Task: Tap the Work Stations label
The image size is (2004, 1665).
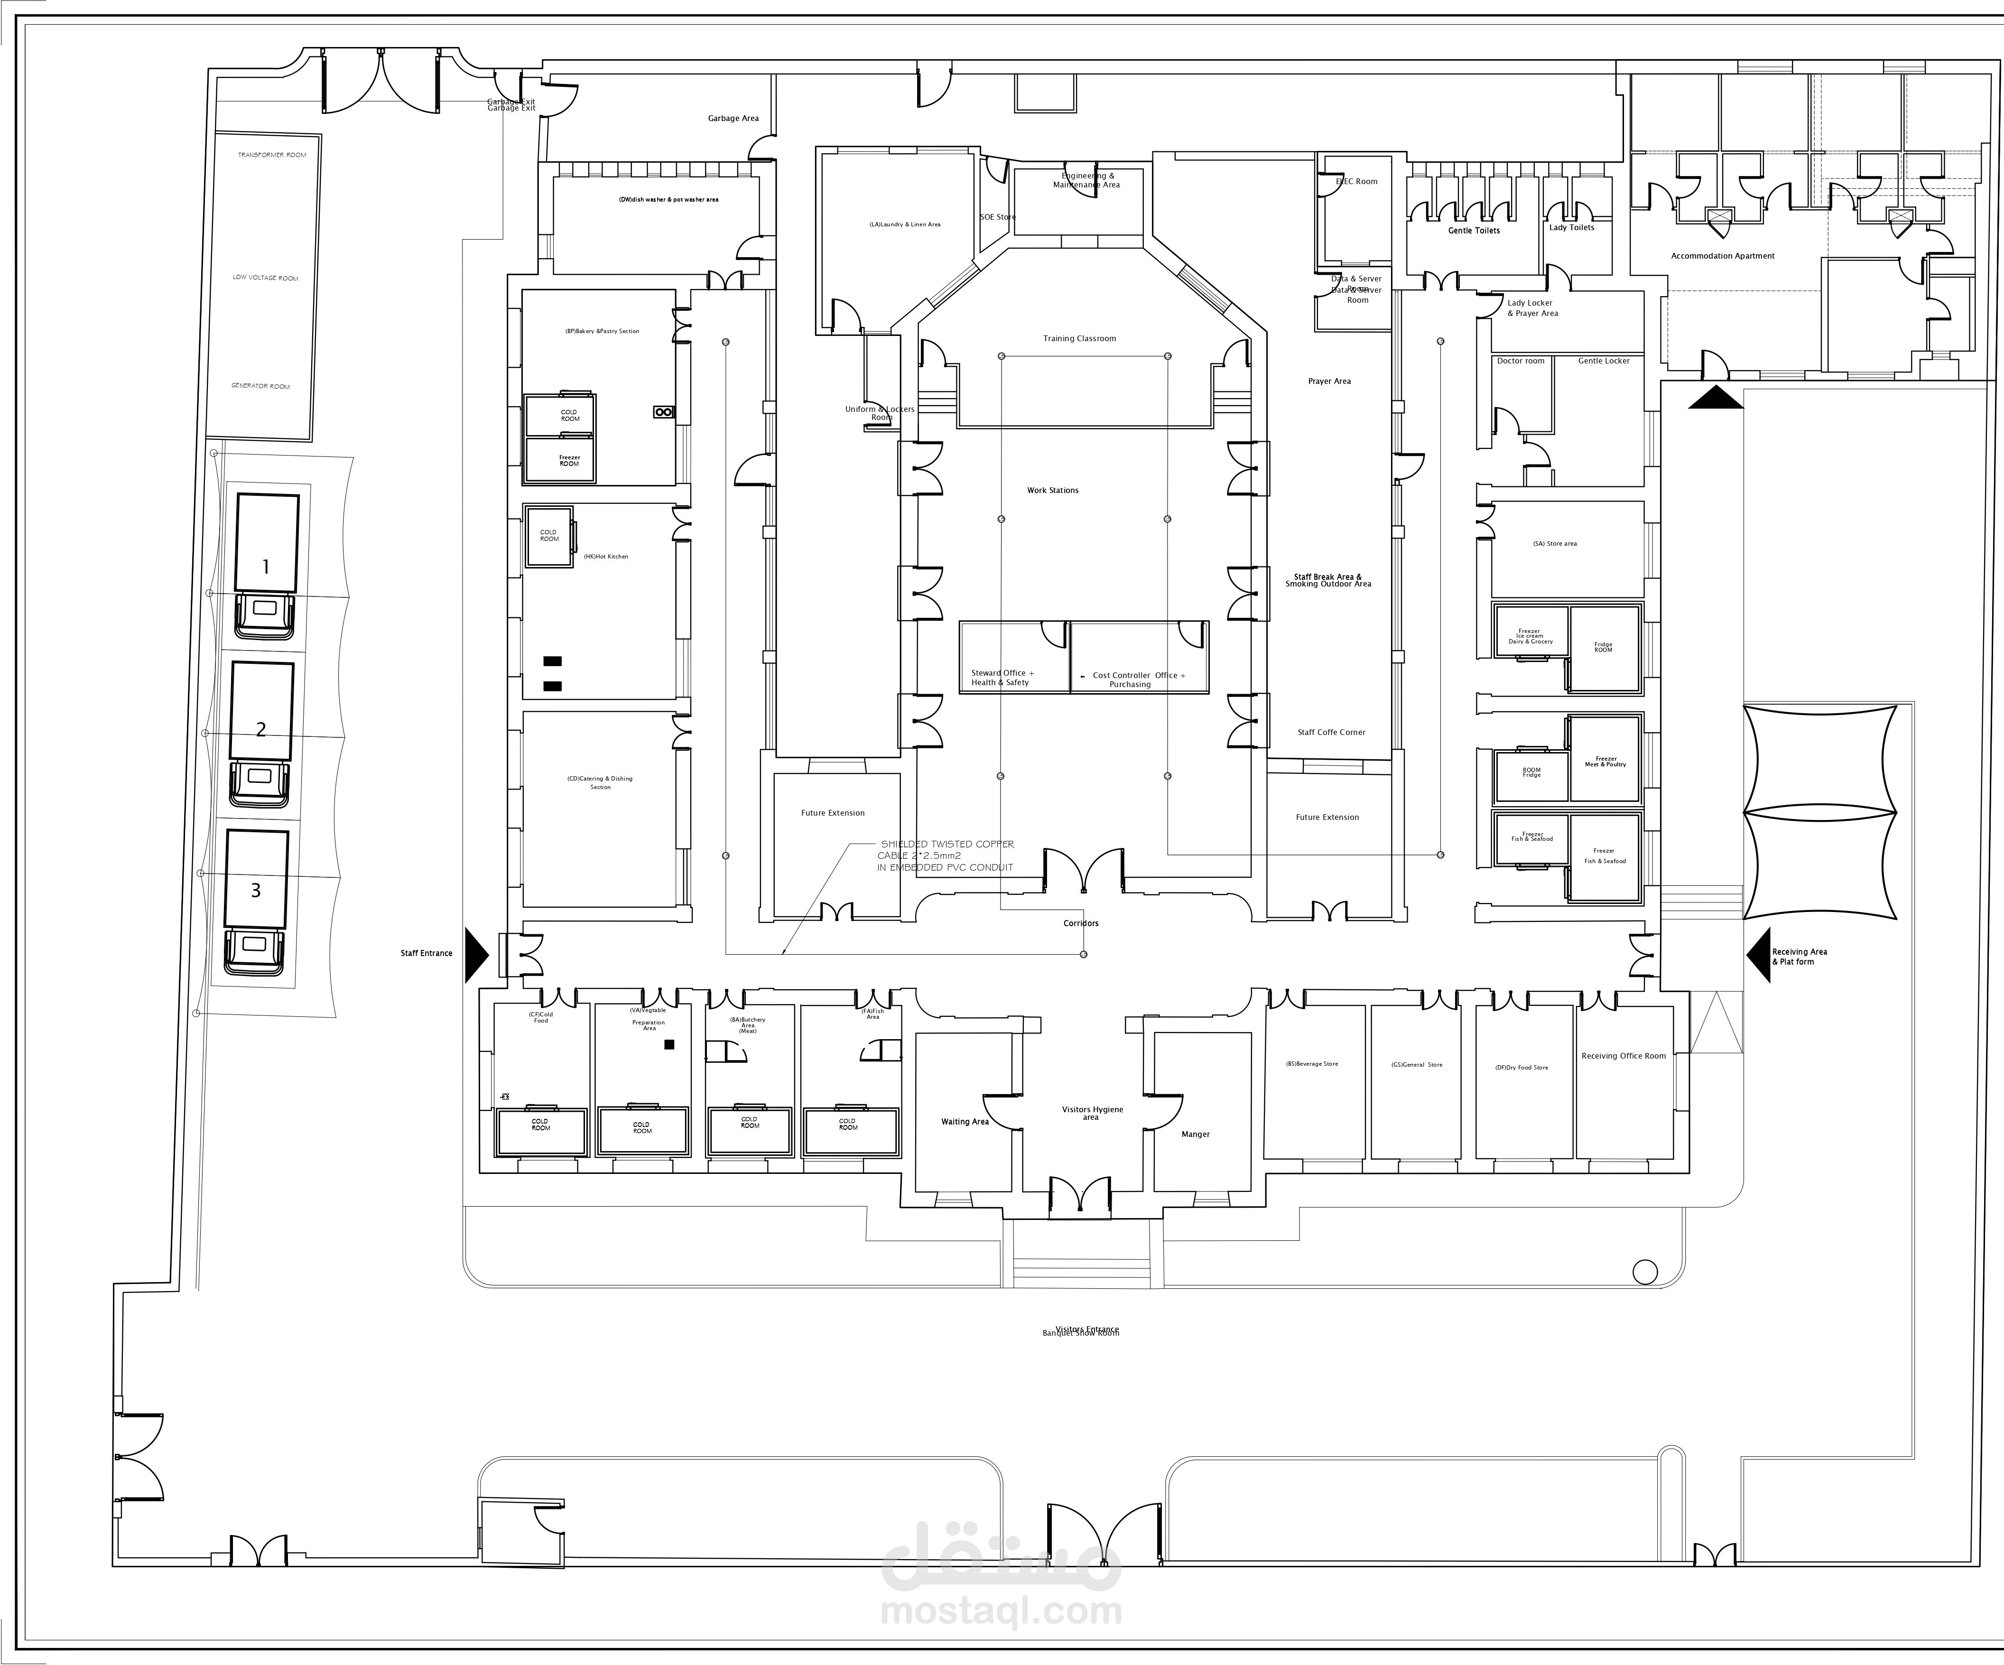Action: point(1053,491)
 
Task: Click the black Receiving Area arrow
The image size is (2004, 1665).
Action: point(1758,955)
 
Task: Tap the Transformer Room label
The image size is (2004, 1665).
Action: point(272,155)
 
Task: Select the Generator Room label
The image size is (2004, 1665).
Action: point(260,386)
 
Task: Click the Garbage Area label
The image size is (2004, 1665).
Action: point(733,118)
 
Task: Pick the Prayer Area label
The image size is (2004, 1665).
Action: point(1329,381)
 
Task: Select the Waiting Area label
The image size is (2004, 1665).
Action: point(965,1122)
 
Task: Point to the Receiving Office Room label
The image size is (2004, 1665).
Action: point(1623,1056)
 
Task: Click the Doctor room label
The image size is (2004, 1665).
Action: point(1520,361)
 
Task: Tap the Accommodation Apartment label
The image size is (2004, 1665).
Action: point(1723,256)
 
